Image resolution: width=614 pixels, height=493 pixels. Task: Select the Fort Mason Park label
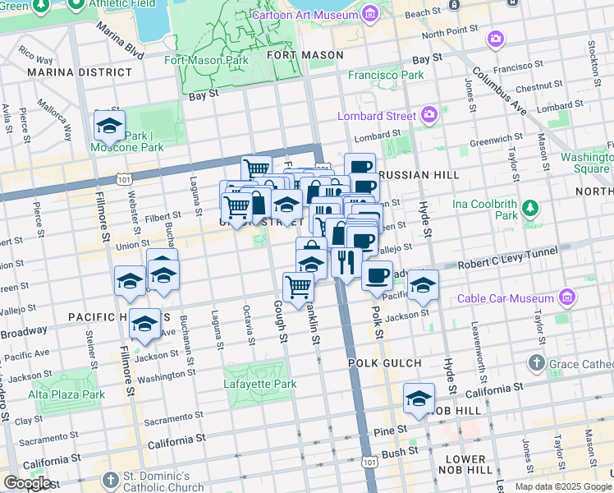[206, 60]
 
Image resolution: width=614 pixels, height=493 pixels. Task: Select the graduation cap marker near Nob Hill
[419, 399]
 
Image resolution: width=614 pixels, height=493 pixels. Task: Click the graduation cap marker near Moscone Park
[108, 127]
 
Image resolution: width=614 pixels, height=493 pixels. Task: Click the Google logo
[27, 483]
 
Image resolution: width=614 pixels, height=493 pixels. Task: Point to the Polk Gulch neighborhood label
[384, 362]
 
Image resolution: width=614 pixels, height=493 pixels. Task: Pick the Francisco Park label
[386, 75]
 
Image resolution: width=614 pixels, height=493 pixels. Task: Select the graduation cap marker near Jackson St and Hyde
[424, 285]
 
